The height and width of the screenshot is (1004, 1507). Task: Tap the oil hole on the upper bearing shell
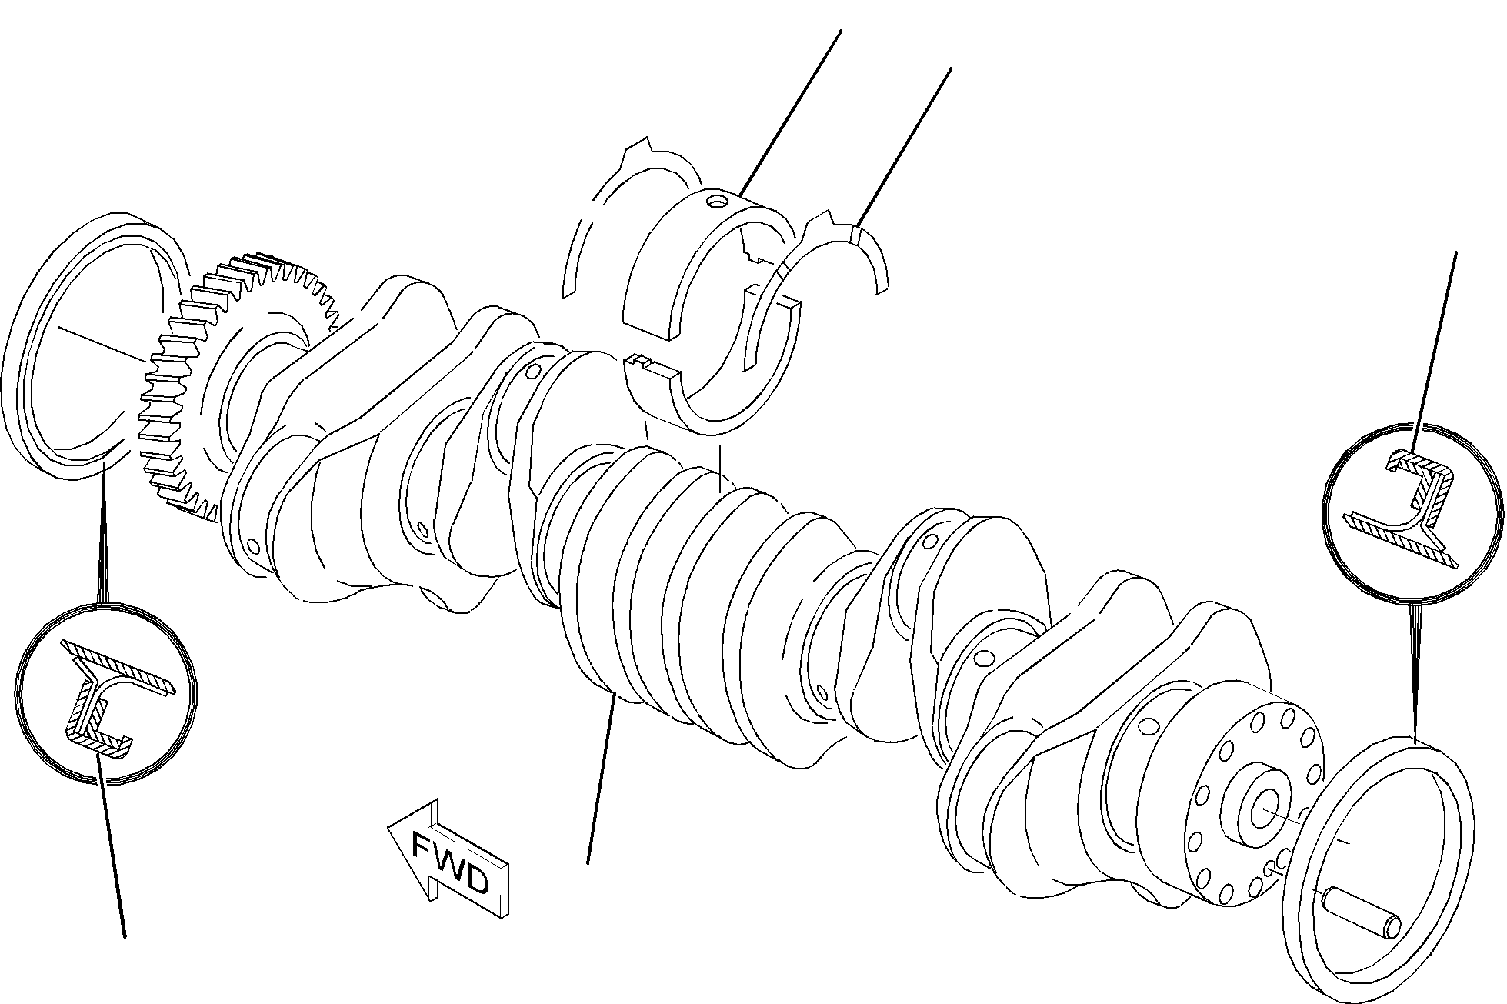pyautogui.click(x=717, y=202)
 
